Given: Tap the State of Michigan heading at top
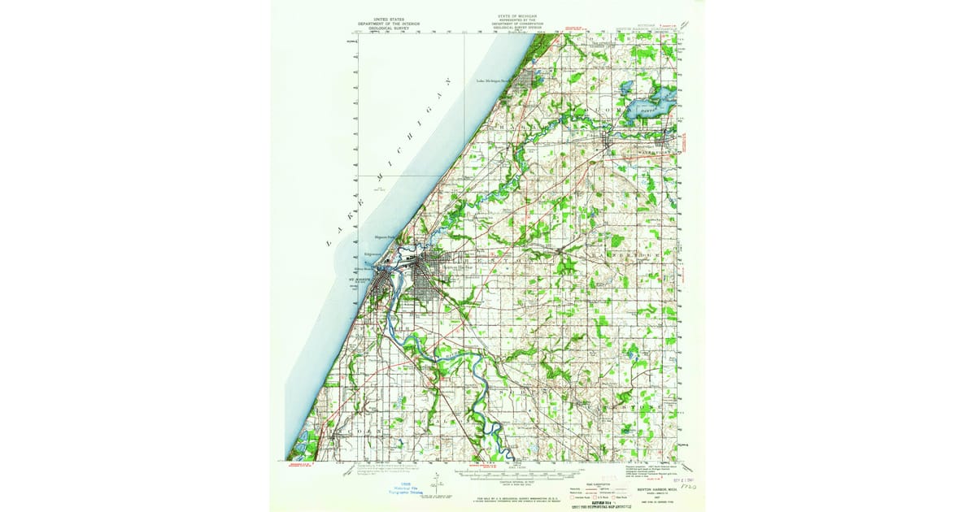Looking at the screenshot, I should pos(517,20).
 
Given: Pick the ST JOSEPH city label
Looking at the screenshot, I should pos(350,280).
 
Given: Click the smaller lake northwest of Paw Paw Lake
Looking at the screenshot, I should pos(627,86).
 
